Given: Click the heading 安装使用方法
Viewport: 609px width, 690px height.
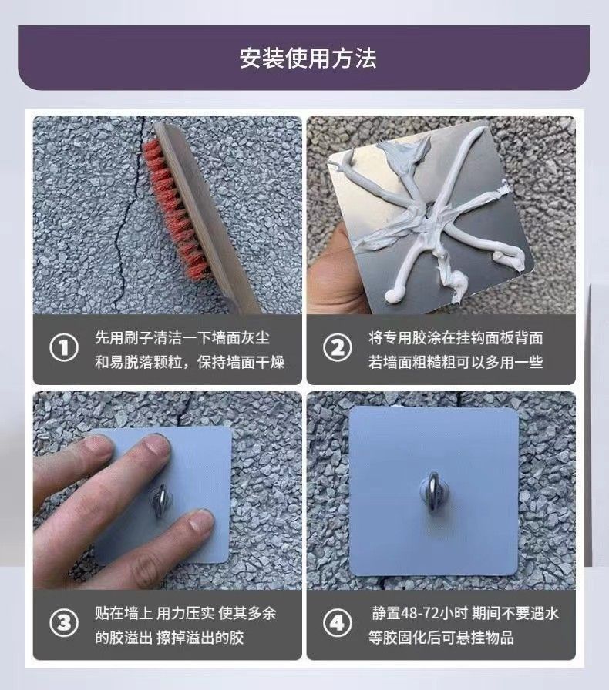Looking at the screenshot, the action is coord(308,58).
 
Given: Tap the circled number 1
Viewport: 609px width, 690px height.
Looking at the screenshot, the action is coord(64,347).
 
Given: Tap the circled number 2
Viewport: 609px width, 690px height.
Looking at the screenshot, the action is coord(338,347).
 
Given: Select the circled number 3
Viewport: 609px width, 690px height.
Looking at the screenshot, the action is coord(64,623).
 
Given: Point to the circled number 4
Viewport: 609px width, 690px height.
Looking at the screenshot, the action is coord(338,623).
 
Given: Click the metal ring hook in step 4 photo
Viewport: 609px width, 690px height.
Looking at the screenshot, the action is coord(432,495).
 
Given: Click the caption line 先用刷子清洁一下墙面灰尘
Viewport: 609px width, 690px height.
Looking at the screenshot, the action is coord(183,338).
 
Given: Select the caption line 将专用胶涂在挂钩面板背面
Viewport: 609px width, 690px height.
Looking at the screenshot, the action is coord(456,338).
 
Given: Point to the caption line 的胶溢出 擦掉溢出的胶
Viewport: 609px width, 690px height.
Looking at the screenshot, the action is coord(170,637).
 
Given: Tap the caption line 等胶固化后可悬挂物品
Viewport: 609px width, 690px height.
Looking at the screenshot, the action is coord(441,637).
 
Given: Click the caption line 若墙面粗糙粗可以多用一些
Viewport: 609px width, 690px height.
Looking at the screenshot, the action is coord(456,362).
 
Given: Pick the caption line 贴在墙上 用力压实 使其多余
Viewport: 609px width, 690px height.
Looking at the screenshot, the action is coord(186,613).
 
